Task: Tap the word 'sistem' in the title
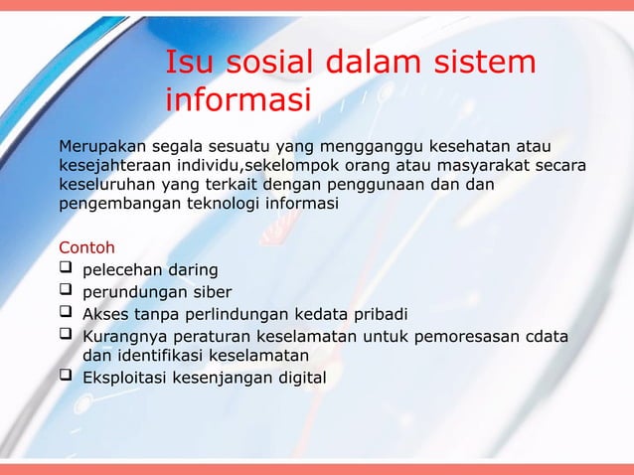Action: pyautogui.click(x=486, y=63)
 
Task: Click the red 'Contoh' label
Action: pyautogui.click(x=87, y=246)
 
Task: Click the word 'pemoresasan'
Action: pyautogui.click(x=465, y=338)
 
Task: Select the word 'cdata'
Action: pyautogui.click(x=546, y=338)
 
